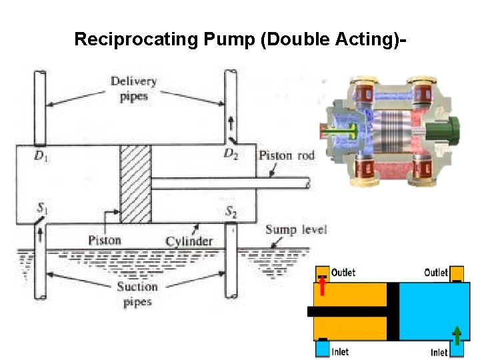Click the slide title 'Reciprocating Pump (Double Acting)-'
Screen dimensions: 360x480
240,39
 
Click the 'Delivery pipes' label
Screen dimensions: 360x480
134,89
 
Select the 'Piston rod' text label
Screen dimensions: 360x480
286,155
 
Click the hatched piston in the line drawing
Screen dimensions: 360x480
135,184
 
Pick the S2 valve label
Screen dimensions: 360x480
231,212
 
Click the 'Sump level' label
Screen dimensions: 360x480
296,230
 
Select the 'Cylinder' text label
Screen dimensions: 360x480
189,241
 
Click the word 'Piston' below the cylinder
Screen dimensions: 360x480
105,240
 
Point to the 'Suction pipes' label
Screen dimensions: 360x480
137,294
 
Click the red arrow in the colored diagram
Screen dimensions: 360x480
323,286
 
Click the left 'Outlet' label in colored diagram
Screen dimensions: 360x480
343,273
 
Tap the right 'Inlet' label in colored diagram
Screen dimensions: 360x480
439,352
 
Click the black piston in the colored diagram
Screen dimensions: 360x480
393,311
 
